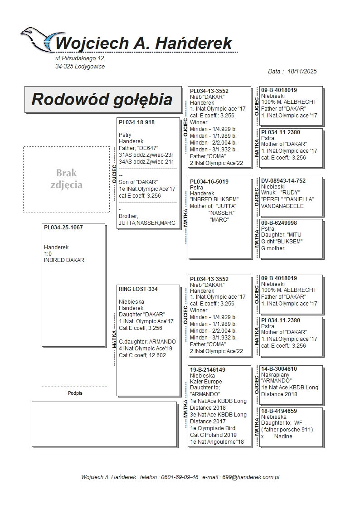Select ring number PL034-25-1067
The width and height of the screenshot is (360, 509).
click(x=63, y=227)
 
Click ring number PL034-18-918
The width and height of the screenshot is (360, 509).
click(x=136, y=122)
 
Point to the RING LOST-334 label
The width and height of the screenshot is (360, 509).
click(x=138, y=289)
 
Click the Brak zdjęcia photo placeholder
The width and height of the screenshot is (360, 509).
click(x=67, y=179)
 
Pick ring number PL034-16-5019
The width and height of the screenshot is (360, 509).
click(x=209, y=182)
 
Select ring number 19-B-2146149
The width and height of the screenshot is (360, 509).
click(x=208, y=370)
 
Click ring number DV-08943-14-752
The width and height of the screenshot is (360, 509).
click(x=283, y=181)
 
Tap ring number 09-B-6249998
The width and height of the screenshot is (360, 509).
click(x=279, y=223)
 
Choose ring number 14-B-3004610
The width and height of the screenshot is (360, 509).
click(x=279, y=369)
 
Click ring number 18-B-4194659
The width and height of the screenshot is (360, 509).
click(x=279, y=411)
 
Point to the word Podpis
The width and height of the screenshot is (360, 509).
click(x=75, y=393)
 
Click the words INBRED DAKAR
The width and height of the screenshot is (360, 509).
click(x=64, y=260)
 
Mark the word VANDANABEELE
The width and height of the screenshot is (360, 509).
click(x=282, y=206)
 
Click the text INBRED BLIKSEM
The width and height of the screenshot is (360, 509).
click(x=214, y=199)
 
